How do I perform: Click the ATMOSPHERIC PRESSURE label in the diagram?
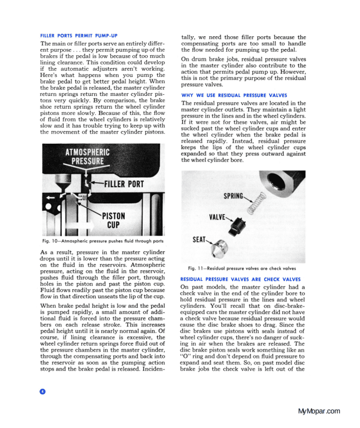pyautogui.click(x=87, y=157)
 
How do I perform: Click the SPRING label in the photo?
pyautogui.click(x=234, y=197)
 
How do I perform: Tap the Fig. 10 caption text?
pyautogui.click(x=103, y=241)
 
